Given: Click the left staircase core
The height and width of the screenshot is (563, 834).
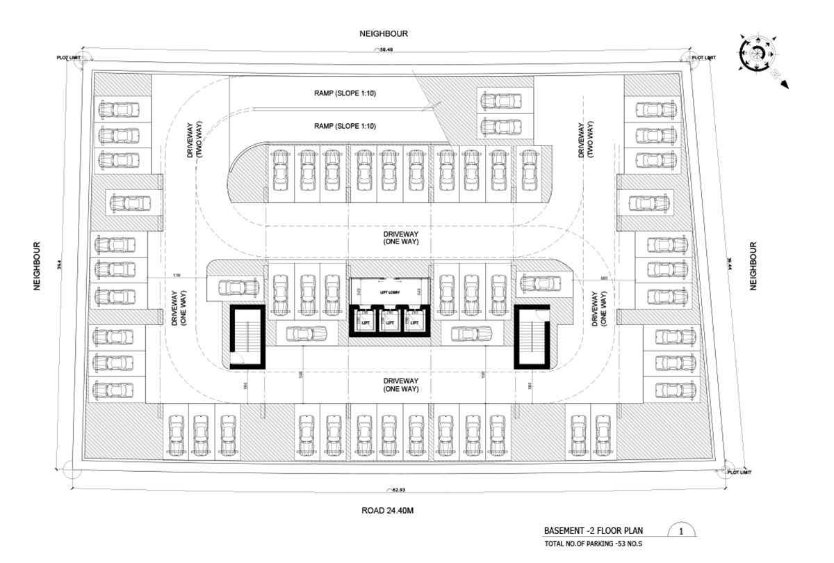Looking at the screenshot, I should tap(247, 337).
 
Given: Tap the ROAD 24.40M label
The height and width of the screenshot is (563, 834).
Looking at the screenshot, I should tap(388, 511).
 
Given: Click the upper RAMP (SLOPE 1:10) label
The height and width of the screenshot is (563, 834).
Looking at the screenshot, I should tap(345, 93).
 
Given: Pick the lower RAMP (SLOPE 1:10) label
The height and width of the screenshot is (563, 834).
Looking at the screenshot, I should tap(345, 126).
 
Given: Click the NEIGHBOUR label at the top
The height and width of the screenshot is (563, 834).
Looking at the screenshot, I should tap(383, 33).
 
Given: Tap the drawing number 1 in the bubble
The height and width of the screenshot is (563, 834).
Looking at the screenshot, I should tap(681, 532).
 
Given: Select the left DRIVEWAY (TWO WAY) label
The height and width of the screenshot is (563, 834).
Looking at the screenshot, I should tap(193, 141).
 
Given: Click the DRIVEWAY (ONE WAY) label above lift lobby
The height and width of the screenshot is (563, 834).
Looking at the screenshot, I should tap(400, 237).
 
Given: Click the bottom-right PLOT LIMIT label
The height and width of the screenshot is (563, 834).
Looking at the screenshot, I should tap(742, 473).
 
